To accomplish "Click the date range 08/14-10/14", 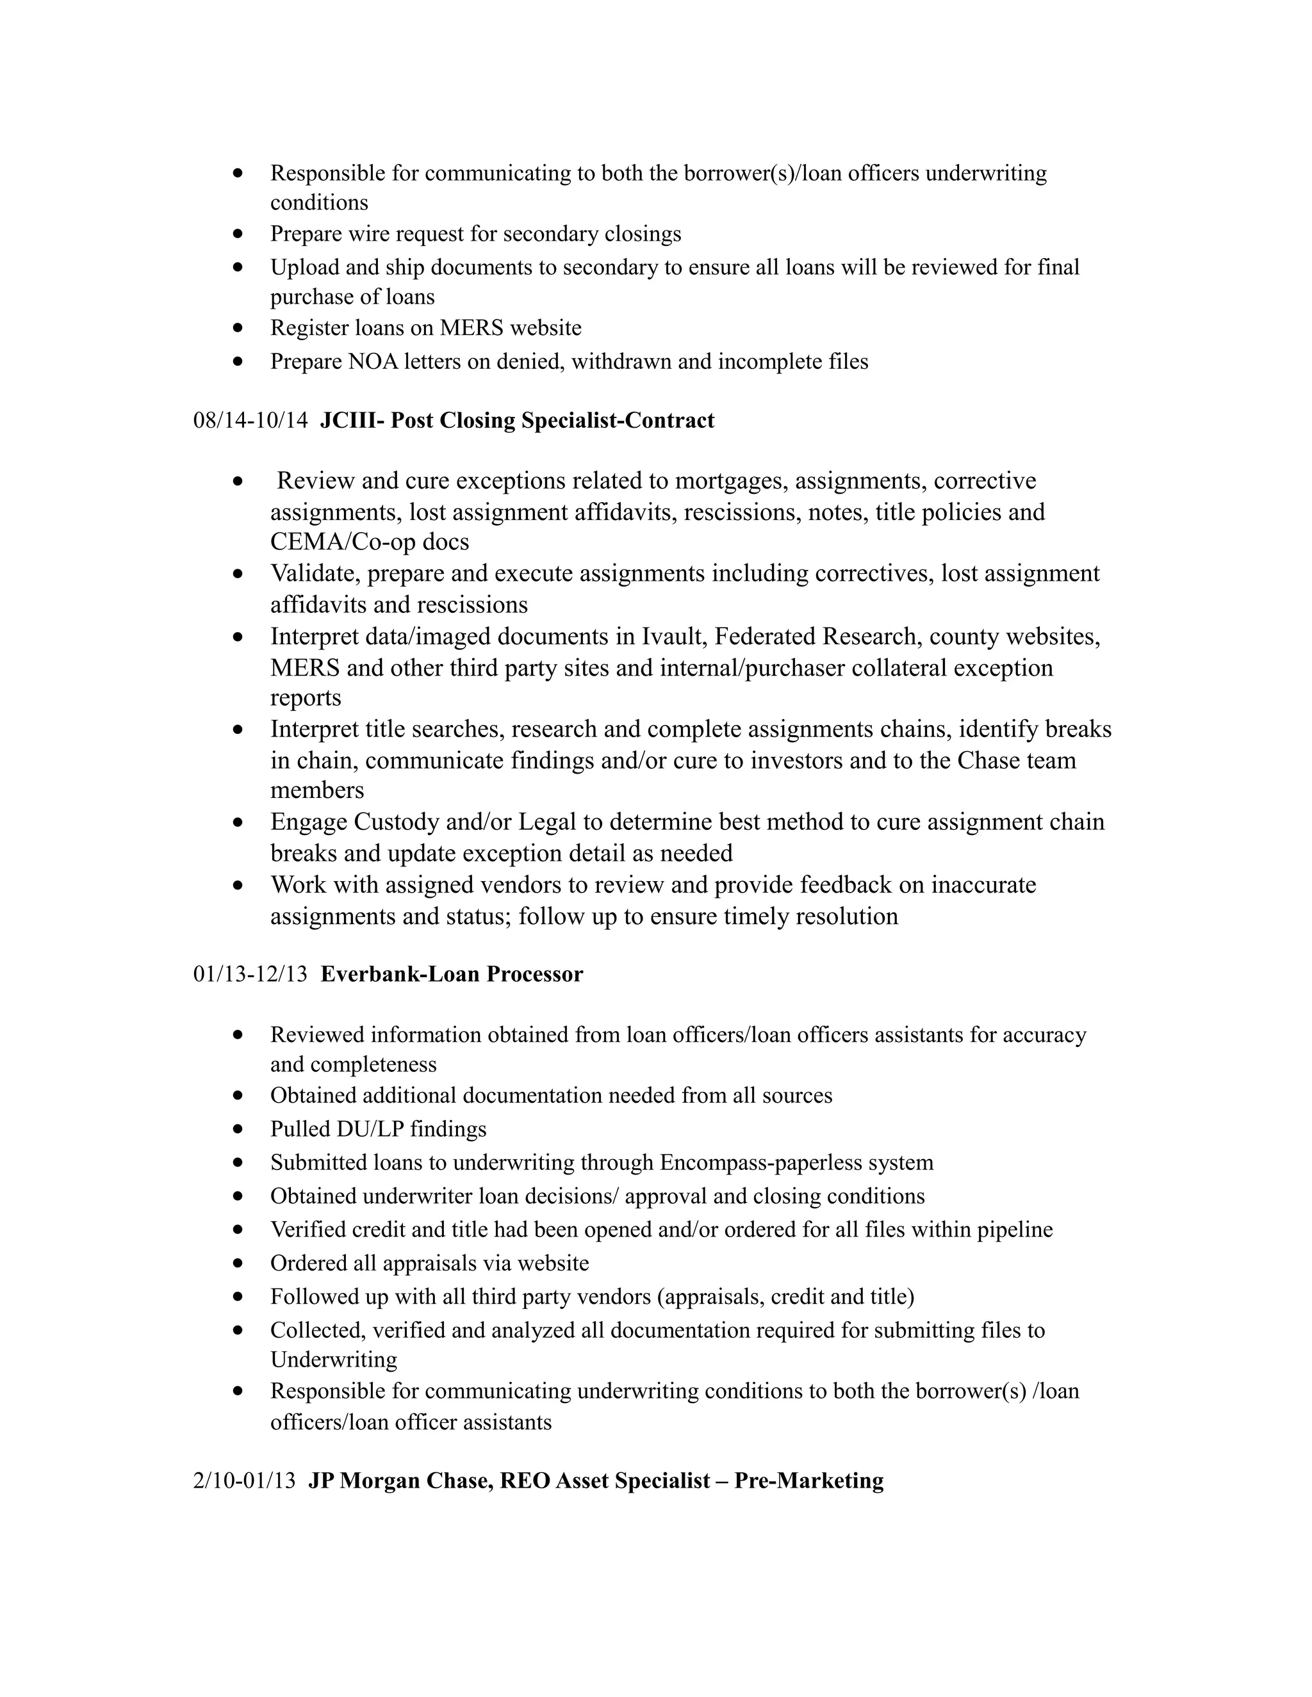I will point(250,421).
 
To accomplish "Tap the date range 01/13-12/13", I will point(250,975).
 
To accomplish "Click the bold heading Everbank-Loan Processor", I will point(452,975).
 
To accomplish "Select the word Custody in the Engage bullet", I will point(398,822).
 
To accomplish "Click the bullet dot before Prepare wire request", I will point(238,234).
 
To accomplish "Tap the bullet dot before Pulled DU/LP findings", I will point(238,1129).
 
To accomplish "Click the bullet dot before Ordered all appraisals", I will point(238,1263).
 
